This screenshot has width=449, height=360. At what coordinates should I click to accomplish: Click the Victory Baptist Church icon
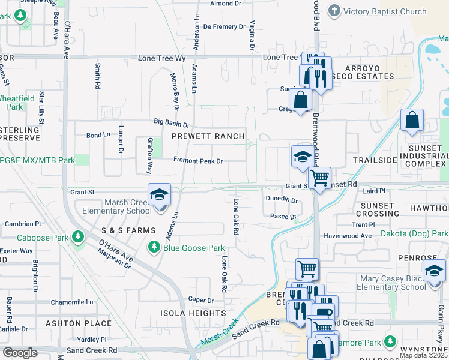[x=334, y=11]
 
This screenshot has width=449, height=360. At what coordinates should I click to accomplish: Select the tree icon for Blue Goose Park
[x=154, y=248]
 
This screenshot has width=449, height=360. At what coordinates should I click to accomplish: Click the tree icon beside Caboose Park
[x=77, y=238]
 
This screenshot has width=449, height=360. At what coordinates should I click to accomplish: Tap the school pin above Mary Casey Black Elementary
[x=434, y=271]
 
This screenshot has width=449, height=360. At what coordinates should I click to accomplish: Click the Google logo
[x=19, y=353]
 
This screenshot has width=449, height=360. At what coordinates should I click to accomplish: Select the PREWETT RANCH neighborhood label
[x=208, y=136]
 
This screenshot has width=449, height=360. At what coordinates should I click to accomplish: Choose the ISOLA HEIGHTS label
[x=192, y=313]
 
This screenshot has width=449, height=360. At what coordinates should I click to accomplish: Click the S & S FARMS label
[x=128, y=230]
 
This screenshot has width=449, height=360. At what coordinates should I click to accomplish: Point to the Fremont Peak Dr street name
[x=198, y=161]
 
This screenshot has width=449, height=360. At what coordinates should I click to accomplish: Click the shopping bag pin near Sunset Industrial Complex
[x=412, y=121]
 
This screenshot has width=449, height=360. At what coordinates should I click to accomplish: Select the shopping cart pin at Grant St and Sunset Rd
[x=319, y=178]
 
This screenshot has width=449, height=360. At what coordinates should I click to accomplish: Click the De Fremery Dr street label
[x=224, y=26]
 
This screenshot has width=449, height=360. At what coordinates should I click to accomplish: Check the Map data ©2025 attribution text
[x=423, y=355]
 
